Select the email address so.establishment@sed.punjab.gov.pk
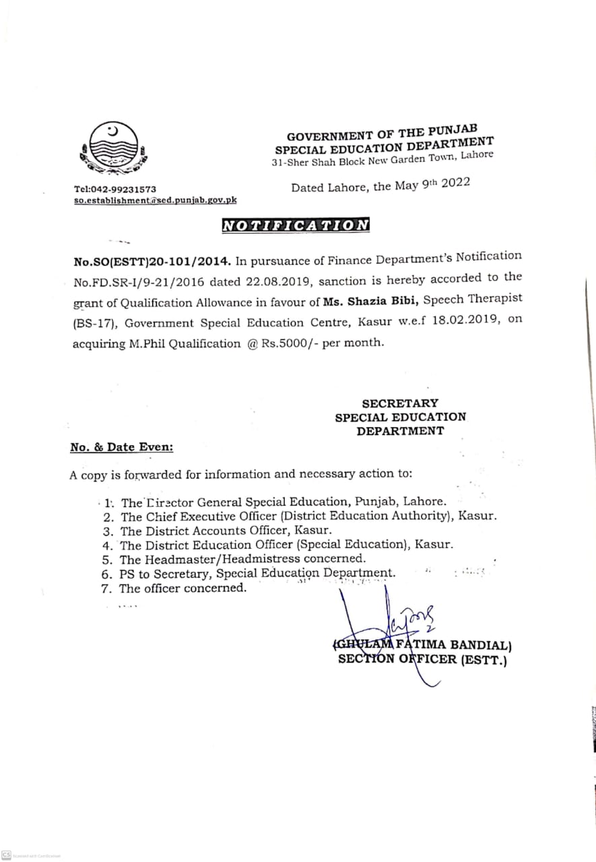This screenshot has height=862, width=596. [x=155, y=200]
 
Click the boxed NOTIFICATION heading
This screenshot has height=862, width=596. [x=296, y=226]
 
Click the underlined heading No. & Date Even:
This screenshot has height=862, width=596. [x=121, y=447]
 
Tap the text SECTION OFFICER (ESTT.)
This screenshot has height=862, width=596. [x=422, y=660]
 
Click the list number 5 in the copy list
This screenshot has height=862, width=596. [x=106, y=560]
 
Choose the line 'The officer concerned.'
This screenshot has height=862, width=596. [x=183, y=589]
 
